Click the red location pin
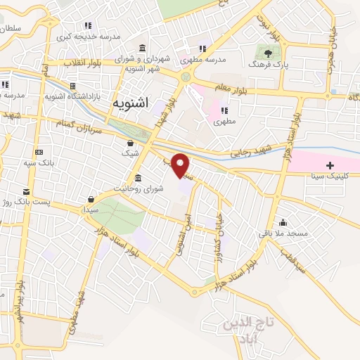pos(181,165)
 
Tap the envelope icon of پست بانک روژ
pos(26,191)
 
